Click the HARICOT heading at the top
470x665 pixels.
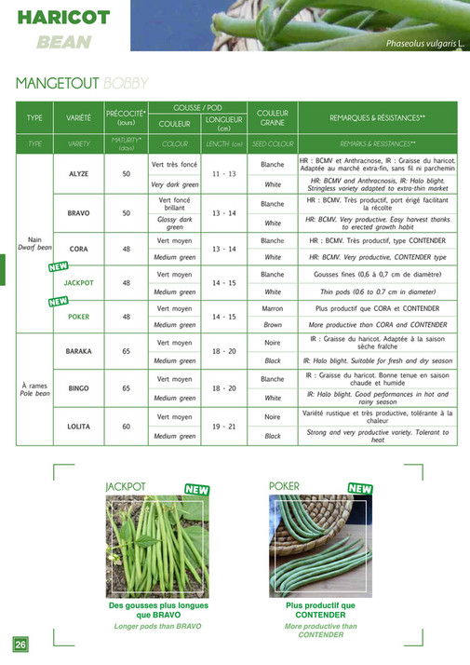[x=63, y=17]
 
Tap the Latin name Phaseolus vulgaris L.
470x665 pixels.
[x=424, y=45]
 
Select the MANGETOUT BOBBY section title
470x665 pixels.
[x=82, y=83]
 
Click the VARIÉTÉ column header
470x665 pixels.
[x=78, y=118]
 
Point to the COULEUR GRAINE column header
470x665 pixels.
[x=272, y=117]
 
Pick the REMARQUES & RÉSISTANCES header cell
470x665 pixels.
[x=377, y=118]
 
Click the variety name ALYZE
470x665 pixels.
[x=78, y=174]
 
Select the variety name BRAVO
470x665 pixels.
[x=78, y=213]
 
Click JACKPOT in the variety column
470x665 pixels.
[x=78, y=281]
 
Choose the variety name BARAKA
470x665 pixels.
[x=78, y=351]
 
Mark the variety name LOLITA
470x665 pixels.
[x=78, y=426]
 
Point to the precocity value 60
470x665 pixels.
[x=127, y=426]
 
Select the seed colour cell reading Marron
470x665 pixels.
[x=272, y=307]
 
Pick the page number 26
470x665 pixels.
[x=20, y=645]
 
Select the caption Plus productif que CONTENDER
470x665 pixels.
[x=320, y=610]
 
